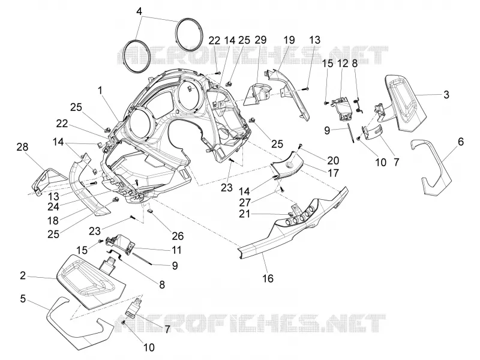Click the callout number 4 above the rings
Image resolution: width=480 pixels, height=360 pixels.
(139, 12)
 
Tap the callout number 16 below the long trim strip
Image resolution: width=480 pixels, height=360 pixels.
(268, 278)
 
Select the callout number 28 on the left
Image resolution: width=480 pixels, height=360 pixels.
(22, 147)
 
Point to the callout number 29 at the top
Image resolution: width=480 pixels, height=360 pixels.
(260, 40)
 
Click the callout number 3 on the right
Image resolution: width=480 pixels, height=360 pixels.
(446, 94)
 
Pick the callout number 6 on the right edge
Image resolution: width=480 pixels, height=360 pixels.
(460, 142)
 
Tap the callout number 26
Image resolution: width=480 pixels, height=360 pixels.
(178, 236)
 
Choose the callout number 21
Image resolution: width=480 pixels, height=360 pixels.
(244, 214)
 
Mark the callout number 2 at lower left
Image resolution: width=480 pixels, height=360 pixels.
(23, 275)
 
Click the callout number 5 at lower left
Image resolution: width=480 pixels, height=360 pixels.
(23, 298)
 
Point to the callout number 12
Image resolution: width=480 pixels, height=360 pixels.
(343, 64)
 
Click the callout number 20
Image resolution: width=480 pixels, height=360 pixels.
(333, 160)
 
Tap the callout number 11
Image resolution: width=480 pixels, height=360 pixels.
(176, 250)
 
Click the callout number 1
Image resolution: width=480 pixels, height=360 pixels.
(100, 91)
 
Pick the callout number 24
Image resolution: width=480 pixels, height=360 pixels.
(53, 206)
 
